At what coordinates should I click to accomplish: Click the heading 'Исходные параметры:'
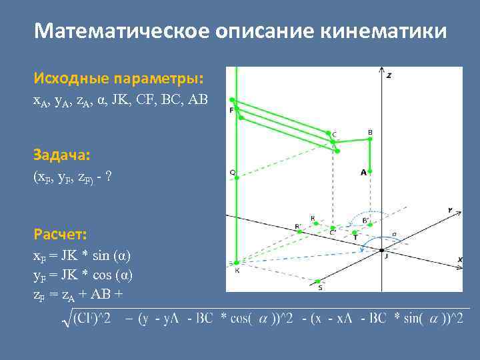coord(119,79)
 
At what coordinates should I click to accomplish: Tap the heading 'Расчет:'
coord(60,235)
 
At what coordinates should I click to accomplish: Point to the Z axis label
coord(389,75)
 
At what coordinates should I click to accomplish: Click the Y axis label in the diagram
coord(450,210)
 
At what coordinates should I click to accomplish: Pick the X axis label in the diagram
coord(459,259)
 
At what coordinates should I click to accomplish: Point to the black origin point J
coord(381,251)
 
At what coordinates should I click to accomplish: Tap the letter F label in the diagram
coord(231,109)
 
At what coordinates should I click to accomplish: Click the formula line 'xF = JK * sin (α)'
coord(82,256)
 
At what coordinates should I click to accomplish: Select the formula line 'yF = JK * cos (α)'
coord(83,275)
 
